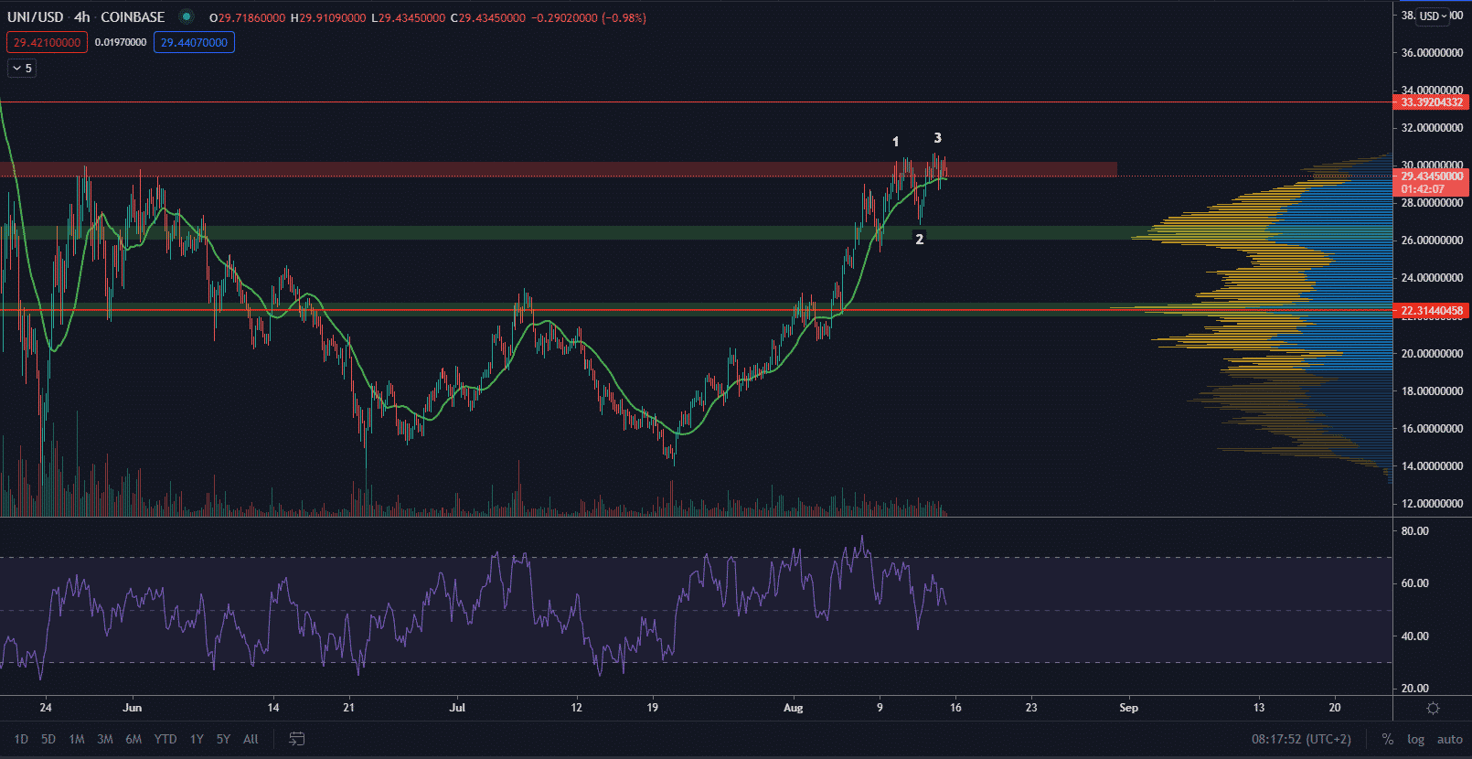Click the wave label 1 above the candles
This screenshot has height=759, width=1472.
tap(896, 142)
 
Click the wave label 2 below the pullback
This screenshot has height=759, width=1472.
tap(920, 239)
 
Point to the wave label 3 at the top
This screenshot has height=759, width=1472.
tap(937, 138)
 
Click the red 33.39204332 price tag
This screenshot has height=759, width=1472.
tap(1431, 102)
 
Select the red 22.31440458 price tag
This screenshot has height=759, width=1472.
tap(1431, 311)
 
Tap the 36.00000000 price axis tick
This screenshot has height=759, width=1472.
tap(1432, 53)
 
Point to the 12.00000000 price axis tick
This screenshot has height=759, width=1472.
tap(1432, 504)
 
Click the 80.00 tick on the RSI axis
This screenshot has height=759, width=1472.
tap(1414, 531)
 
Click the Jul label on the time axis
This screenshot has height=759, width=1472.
tap(457, 708)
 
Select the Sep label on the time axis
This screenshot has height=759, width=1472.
tap(1129, 708)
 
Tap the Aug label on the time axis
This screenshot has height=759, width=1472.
tap(793, 708)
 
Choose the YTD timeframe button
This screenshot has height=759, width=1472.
tap(165, 739)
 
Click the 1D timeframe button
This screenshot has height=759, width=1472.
tap(21, 739)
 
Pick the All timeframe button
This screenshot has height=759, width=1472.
tap(251, 739)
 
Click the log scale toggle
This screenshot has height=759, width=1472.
tap(1415, 739)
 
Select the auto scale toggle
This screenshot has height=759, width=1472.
tap(1449, 739)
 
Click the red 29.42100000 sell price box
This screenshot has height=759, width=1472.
tap(47, 42)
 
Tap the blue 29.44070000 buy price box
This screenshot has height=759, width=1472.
tap(194, 42)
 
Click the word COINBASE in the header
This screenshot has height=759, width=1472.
tap(133, 17)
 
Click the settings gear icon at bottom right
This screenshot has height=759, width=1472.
tap(1433, 708)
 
